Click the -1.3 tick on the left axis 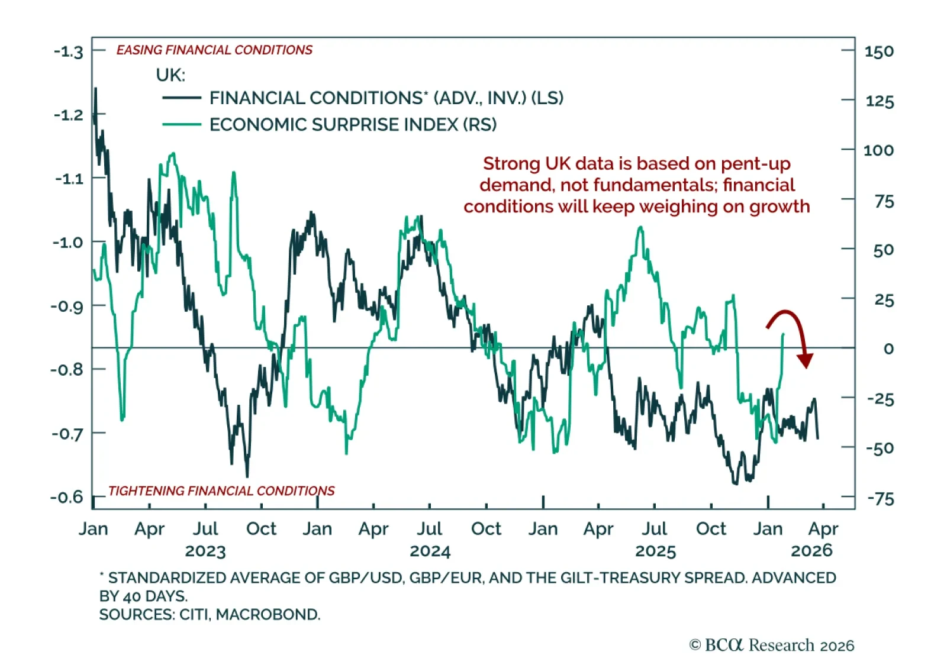point(69,51)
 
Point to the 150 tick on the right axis point(879,51)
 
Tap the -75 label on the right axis point(880,499)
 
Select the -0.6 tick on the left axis point(67,496)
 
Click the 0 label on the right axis point(888,349)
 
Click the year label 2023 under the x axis point(205,551)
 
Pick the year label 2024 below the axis point(430,551)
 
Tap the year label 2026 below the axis point(811,550)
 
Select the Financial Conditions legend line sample point(182,98)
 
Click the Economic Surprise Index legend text point(353,125)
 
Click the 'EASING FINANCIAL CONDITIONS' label point(214,50)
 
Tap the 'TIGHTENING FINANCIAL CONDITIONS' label point(221,491)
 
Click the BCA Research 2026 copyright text point(772,644)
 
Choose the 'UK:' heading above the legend point(170,75)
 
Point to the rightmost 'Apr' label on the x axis point(823,528)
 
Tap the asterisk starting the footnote point(102,575)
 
